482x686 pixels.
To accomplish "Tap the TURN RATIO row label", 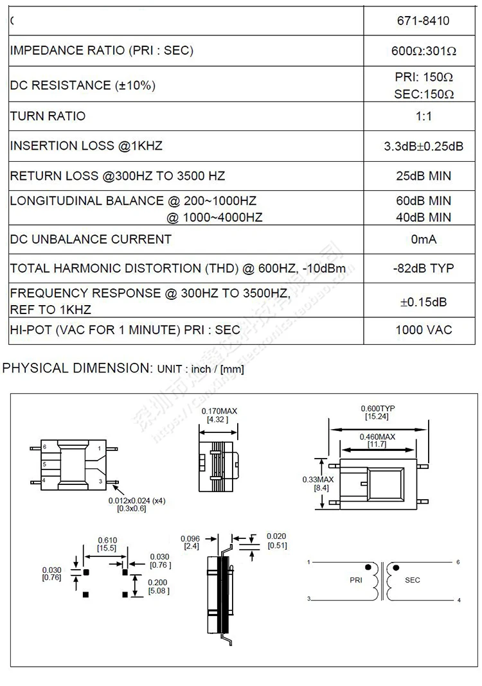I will coord(48,116).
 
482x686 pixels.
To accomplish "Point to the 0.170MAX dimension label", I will coord(218,411).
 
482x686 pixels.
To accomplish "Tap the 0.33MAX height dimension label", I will coord(318,480).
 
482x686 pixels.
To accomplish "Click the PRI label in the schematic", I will coord(357,580).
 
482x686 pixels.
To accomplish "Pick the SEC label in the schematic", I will coord(413,580).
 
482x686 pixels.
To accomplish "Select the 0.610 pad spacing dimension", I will coord(106,540).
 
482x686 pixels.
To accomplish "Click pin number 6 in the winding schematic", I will coord(458,562).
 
